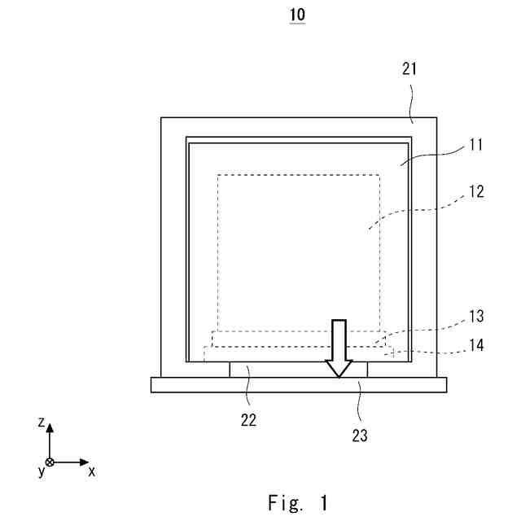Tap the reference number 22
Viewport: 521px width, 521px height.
[x=249, y=420]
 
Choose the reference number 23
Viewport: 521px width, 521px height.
[x=359, y=435]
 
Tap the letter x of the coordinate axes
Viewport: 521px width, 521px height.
[x=92, y=471]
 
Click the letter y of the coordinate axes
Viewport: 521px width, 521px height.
[x=41, y=471]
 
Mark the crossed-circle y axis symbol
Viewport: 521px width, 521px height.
[x=50, y=462]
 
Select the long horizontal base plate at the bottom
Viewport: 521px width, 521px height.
[x=299, y=385]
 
